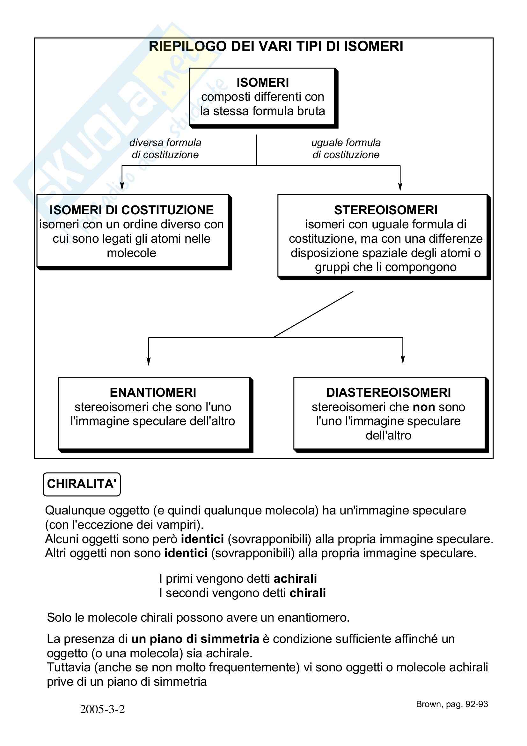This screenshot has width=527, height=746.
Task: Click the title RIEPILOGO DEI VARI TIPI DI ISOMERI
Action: click(x=276, y=47)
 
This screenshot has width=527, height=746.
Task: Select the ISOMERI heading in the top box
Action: click(x=262, y=83)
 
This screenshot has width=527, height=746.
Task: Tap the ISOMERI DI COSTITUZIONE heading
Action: click(x=131, y=210)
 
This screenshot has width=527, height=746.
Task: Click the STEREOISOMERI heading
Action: click(x=385, y=210)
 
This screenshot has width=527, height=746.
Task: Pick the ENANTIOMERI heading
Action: click(x=153, y=393)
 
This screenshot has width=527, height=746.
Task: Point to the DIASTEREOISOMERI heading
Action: click(x=388, y=393)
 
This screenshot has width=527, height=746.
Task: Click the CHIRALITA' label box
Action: click(x=82, y=484)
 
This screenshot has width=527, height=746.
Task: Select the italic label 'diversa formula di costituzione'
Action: click(x=165, y=149)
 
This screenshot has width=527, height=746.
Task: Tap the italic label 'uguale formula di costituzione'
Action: click(x=346, y=149)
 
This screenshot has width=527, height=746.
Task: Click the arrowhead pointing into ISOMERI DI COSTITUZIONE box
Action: click(x=122, y=187)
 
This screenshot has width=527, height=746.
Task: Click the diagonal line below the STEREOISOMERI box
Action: click(x=313, y=314)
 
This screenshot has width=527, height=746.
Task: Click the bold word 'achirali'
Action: click(x=295, y=579)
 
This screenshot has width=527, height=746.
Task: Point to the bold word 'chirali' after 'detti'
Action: click(x=308, y=593)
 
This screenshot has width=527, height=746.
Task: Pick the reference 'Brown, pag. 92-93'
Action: click(x=452, y=704)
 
